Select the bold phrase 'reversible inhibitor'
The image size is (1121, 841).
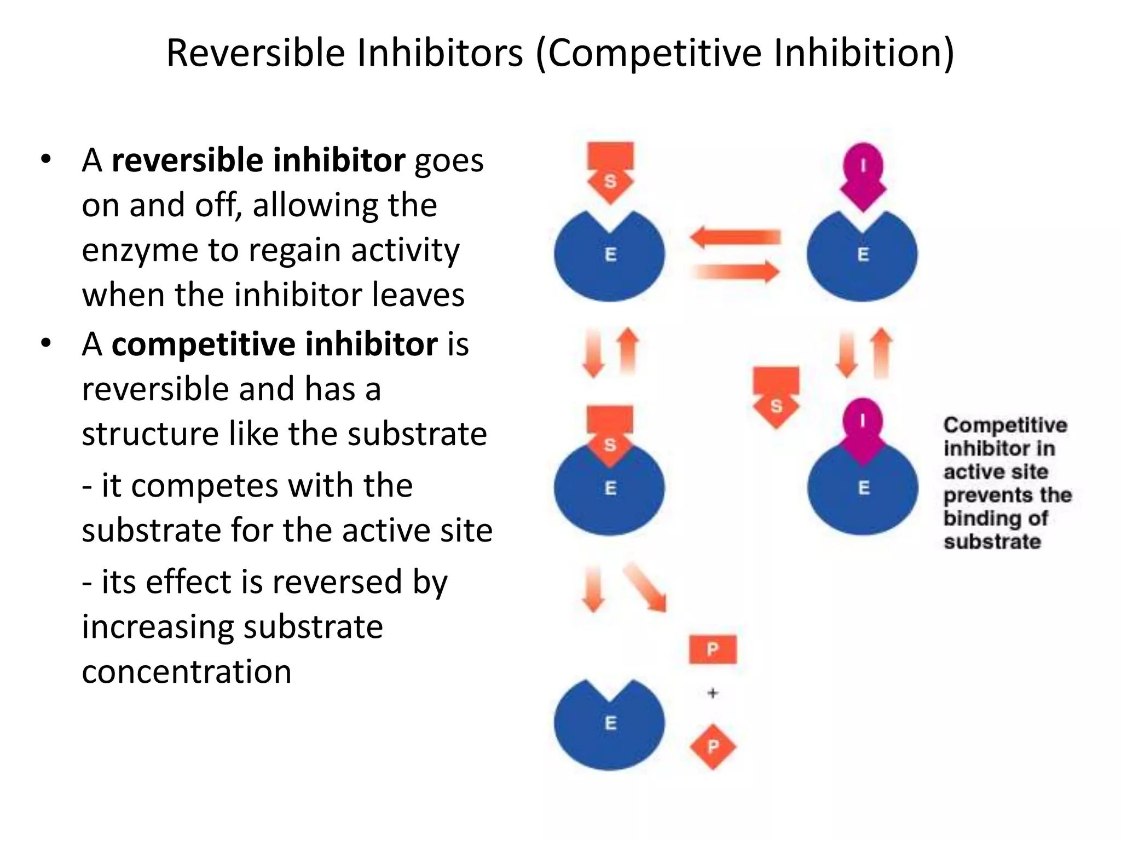click(x=258, y=160)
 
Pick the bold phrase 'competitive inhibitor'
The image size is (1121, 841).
click(x=274, y=344)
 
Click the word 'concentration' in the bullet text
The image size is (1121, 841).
click(x=187, y=672)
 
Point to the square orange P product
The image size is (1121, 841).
click(x=712, y=649)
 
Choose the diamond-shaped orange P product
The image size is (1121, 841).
click(x=713, y=746)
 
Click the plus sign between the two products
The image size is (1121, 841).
click(x=712, y=693)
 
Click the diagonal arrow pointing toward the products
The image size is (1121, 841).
click(x=645, y=587)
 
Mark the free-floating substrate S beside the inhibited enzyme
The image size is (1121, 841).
click(x=776, y=396)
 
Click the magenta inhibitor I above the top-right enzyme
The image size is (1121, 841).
click(x=863, y=175)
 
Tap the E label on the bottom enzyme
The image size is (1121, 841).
click(x=610, y=723)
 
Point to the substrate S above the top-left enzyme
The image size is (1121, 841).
click(x=610, y=171)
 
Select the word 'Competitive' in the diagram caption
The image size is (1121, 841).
click(x=1005, y=425)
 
